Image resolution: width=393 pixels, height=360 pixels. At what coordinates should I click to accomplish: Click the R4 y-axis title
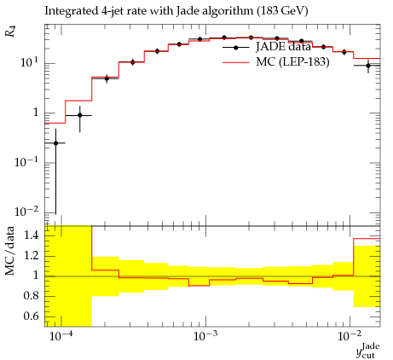10,32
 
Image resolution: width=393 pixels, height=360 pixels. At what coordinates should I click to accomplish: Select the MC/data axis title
10,251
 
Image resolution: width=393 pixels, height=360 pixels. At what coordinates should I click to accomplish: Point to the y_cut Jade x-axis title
368,351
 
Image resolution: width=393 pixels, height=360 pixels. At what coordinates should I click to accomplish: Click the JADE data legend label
283,47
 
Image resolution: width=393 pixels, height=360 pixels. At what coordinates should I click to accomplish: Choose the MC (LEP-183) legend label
292,61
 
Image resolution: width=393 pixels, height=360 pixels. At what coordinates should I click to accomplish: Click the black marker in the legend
235,48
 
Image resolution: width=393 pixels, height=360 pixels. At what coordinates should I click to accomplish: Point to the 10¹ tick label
30,61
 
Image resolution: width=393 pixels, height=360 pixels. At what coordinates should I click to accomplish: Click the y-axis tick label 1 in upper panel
35,113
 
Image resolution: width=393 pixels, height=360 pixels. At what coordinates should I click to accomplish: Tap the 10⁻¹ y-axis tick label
26,161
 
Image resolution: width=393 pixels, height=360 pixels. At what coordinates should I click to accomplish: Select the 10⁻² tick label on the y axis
26,211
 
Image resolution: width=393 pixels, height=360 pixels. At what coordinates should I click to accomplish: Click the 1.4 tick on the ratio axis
31,235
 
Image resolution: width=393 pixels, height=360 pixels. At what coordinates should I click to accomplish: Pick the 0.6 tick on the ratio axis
31,316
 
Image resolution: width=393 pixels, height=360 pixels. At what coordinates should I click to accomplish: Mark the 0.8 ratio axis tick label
31,296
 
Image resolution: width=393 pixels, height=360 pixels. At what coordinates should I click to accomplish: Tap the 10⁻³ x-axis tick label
206,335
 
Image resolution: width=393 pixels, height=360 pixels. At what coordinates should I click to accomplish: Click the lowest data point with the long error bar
55,143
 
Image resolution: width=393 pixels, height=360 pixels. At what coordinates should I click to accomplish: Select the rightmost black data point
368,66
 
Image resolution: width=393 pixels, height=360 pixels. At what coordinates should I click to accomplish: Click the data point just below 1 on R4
80,115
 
